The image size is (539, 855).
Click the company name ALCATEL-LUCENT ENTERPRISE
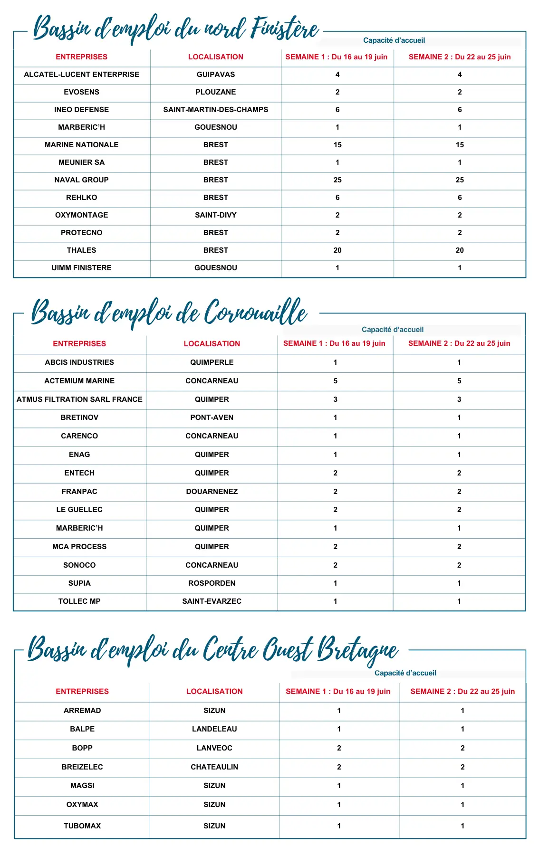point(81,75)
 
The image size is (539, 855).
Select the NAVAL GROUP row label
point(81,180)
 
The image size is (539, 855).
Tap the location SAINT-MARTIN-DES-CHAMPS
point(215,110)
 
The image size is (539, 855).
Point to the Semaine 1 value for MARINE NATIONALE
point(337,145)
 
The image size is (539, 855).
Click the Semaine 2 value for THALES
point(460,250)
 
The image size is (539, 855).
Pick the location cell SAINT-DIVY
point(215,215)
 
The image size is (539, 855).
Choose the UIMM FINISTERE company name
point(81,268)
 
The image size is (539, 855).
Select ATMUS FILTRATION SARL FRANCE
point(79,399)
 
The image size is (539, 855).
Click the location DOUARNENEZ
point(212,492)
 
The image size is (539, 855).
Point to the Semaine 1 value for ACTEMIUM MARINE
point(335,381)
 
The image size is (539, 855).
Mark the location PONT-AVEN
point(212,418)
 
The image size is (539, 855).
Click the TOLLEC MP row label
point(79,601)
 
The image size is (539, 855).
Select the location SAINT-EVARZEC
point(212,601)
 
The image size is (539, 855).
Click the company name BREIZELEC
point(82,767)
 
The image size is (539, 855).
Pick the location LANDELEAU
point(214,729)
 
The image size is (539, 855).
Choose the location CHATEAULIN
point(214,767)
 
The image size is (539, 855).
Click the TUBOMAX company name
point(82,826)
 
